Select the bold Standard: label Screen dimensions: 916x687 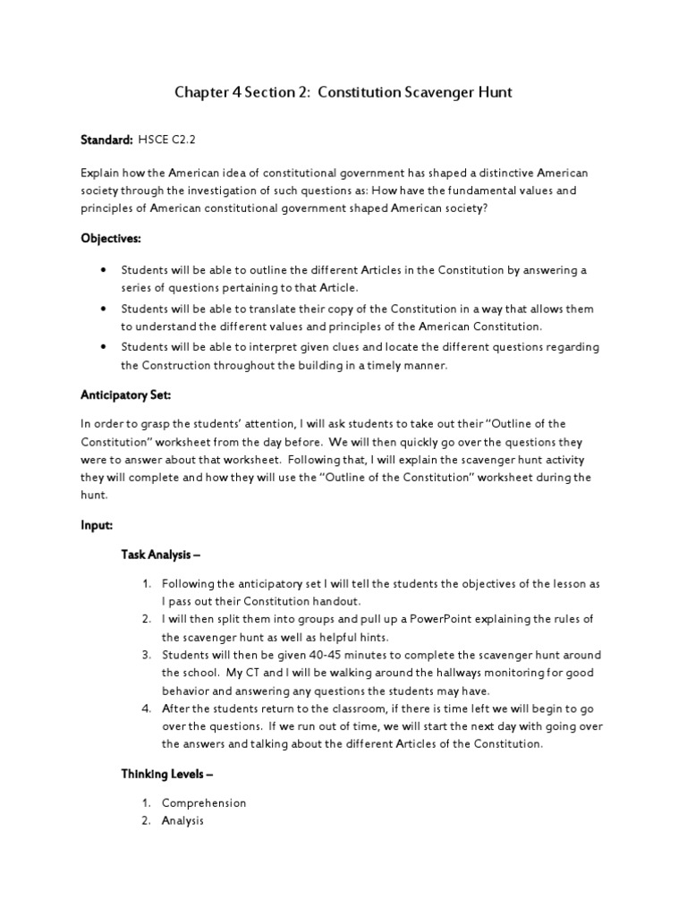[x=106, y=140]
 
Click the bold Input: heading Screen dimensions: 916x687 [x=96, y=527]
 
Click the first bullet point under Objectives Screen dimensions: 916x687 [x=105, y=269]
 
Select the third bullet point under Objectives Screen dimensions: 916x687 [x=105, y=346]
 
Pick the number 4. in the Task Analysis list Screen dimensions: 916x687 [x=146, y=708]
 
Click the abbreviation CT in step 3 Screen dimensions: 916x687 [x=242, y=673]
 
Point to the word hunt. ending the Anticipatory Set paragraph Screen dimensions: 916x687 [x=93, y=495]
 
